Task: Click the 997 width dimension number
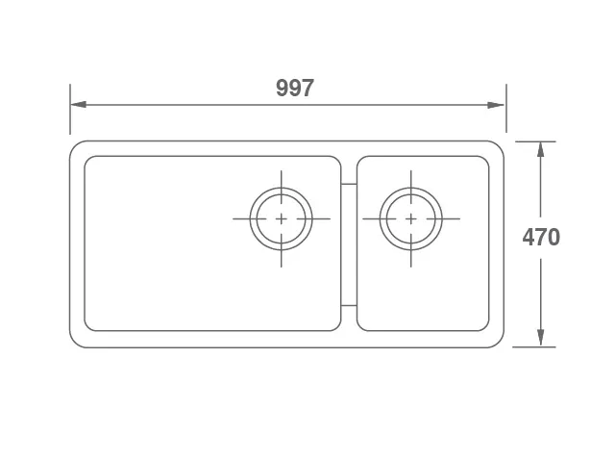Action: [x=295, y=88]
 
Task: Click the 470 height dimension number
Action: [x=541, y=238]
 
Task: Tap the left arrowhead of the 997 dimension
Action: [x=79, y=105]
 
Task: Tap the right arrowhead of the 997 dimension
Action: [x=496, y=105]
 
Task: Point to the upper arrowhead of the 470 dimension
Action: [x=540, y=150]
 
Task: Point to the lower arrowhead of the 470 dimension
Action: [x=540, y=338]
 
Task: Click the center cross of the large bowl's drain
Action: [x=282, y=218]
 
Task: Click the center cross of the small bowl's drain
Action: [x=410, y=218]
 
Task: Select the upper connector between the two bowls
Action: [x=349, y=184]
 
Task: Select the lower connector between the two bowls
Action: [x=349, y=305]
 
